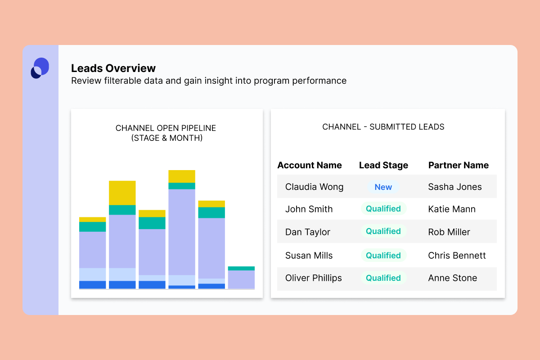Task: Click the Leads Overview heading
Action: (x=113, y=68)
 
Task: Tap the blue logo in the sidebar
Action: (x=40, y=68)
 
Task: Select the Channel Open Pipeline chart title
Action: (x=166, y=133)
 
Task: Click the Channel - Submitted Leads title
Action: (x=383, y=127)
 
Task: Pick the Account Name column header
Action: (x=310, y=165)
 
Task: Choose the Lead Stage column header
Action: (x=383, y=165)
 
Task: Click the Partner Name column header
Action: (x=458, y=165)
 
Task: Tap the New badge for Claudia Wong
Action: (x=383, y=187)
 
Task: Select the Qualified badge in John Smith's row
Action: (x=383, y=209)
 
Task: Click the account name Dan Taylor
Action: (x=308, y=232)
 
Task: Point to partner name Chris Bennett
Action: (x=457, y=256)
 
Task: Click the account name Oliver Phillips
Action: (x=314, y=278)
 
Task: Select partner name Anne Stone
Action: (x=452, y=278)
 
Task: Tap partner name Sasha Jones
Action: (x=455, y=187)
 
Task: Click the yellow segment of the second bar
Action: (x=122, y=193)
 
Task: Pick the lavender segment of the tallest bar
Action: (x=182, y=232)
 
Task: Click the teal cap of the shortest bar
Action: (x=241, y=268)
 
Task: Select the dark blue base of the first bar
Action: (x=92, y=285)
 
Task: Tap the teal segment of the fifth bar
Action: (x=211, y=212)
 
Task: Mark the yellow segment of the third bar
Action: (x=152, y=213)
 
